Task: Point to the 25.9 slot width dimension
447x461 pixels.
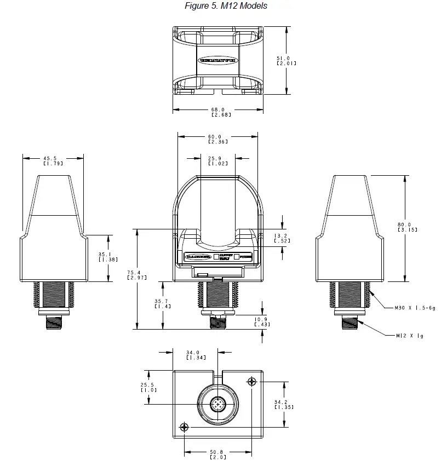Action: click(x=218, y=160)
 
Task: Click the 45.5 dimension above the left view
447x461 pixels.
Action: click(x=53, y=160)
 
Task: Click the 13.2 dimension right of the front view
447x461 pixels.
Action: click(x=282, y=238)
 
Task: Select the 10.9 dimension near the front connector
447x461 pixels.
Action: click(x=261, y=322)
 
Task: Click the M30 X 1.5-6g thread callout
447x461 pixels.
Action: click(x=415, y=308)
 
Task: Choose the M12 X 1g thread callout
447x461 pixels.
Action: click(x=410, y=336)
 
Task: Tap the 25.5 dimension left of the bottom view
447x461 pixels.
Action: click(x=148, y=387)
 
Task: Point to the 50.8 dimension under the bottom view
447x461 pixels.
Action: click(x=217, y=454)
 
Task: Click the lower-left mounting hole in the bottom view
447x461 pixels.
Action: click(x=184, y=427)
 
